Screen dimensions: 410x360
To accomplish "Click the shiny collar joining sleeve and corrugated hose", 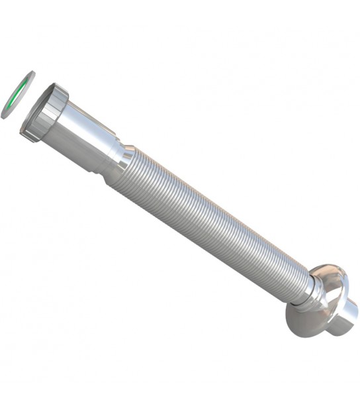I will click(123, 159).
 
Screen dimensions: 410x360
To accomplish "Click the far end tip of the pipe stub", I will click(350, 325).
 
